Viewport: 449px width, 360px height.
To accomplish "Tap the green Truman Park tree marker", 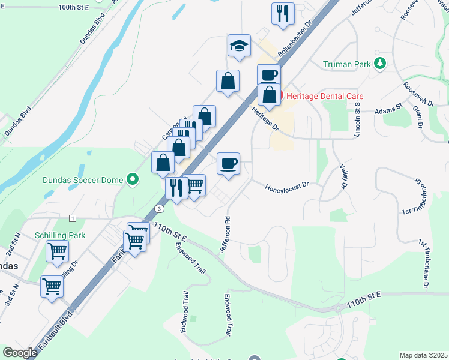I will (x=379, y=63).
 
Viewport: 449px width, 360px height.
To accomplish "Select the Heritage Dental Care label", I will (x=325, y=96).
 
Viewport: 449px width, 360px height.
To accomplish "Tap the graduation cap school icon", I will (x=239, y=46).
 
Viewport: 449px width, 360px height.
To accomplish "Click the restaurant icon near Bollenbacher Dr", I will (x=282, y=14).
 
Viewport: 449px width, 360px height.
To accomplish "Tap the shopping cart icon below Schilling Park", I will (x=57, y=251).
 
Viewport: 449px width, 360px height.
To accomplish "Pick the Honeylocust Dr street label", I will (x=287, y=188).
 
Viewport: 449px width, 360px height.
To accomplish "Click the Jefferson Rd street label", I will (x=226, y=234).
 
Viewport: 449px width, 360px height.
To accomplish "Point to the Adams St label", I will (x=388, y=109).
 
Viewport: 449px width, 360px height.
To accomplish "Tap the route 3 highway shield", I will (x=159, y=208).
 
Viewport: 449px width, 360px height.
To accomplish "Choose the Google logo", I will (x=20, y=352).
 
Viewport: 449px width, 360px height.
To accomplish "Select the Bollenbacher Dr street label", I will (x=296, y=44).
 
